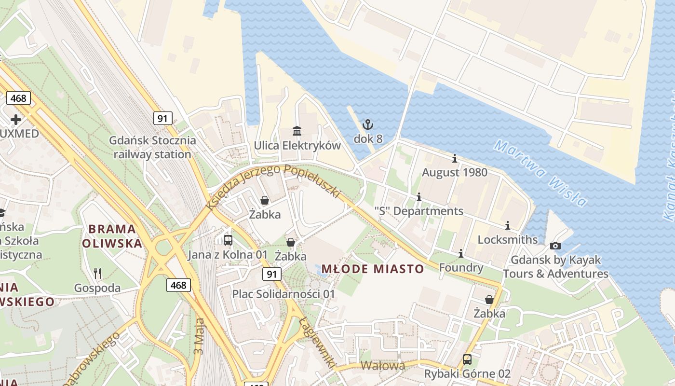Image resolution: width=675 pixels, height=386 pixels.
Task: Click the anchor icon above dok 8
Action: point(368,125)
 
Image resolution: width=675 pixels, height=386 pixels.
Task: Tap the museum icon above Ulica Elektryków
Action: point(297,131)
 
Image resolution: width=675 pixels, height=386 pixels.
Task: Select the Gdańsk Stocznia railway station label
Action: point(152,148)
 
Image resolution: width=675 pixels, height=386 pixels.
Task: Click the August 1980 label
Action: point(455,172)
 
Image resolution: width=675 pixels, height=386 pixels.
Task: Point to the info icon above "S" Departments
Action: point(419,197)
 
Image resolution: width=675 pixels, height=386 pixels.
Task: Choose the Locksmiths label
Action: point(507,240)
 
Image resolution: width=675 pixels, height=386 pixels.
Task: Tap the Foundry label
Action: point(461,268)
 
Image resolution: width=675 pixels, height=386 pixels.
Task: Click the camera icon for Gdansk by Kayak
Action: point(555,246)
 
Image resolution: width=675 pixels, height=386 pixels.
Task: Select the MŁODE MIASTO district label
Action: point(373,269)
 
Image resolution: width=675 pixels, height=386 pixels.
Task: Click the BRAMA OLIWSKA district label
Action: point(112,235)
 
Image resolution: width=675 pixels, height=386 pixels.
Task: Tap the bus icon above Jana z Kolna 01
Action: point(228,240)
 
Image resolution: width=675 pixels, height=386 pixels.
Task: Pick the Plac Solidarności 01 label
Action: point(283,294)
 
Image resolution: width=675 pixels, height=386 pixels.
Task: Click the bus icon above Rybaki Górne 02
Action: point(467,359)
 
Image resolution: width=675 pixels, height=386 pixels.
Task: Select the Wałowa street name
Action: point(382,366)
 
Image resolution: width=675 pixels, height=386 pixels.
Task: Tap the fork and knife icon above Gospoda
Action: point(97,274)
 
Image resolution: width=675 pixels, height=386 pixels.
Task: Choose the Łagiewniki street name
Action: point(316,343)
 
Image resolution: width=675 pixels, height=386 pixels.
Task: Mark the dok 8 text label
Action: point(368,139)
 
